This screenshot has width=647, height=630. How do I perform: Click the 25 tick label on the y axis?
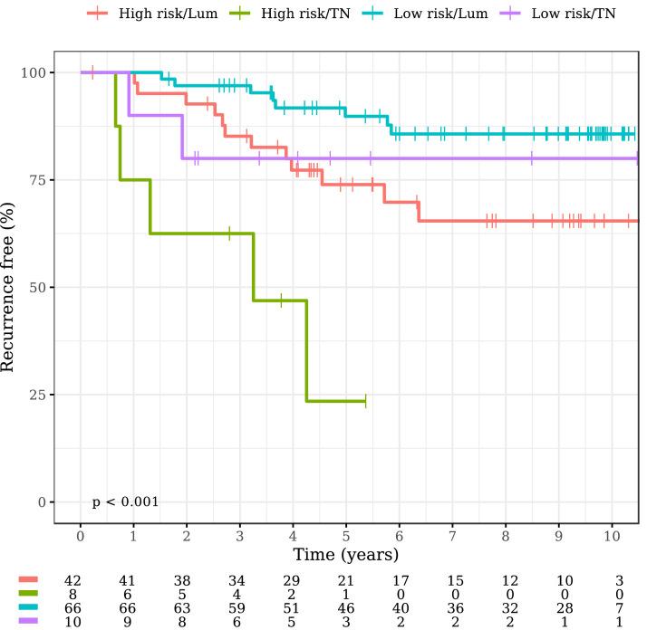(34, 396)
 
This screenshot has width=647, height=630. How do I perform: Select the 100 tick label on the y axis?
(31, 72)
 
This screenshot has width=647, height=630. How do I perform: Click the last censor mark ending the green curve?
(365, 400)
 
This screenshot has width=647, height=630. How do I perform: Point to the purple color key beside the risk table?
(28, 624)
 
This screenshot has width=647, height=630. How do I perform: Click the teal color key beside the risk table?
(28, 607)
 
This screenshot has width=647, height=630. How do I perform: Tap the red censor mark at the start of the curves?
(92, 72)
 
